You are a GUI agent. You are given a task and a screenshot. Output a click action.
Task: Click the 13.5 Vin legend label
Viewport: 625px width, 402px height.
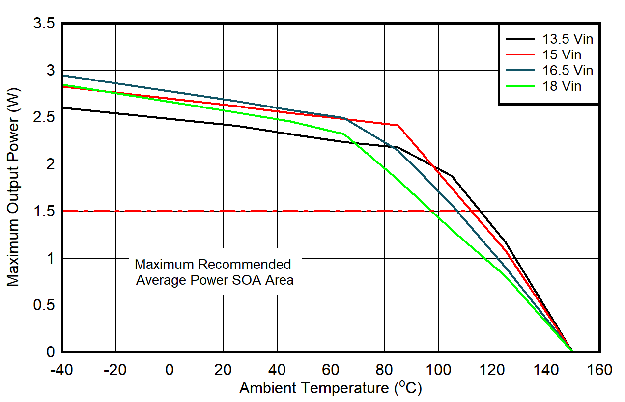[x=568, y=39]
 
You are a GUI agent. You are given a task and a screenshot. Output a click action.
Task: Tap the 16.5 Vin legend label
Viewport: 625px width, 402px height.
[x=568, y=71]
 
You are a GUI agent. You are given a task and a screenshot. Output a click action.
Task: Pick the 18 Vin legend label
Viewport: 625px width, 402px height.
[x=562, y=86]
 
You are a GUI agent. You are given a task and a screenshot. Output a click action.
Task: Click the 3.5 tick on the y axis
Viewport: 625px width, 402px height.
[x=44, y=24]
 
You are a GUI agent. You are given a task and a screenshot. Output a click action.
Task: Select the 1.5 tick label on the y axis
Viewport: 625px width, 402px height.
[x=44, y=212]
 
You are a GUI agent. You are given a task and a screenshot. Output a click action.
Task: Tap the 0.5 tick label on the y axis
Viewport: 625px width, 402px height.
[x=44, y=305]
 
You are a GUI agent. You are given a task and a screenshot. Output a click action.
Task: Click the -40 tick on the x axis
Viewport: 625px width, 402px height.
[x=62, y=369]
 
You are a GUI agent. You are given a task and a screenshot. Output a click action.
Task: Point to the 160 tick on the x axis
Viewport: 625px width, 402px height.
[x=598, y=369]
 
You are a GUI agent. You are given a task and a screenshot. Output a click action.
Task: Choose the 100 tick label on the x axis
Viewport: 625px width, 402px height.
[x=438, y=369]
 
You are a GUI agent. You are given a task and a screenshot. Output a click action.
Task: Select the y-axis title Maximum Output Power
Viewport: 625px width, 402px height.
[x=13, y=188]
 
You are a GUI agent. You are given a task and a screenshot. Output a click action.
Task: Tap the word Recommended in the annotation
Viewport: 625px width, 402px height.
[x=244, y=265]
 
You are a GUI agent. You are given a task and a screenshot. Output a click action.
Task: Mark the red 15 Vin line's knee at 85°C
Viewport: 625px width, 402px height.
[x=398, y=125]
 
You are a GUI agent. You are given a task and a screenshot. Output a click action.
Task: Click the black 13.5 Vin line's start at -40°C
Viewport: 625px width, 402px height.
[x=62, y=107]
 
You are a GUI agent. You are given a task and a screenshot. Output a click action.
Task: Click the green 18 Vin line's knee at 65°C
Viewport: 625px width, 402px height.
[x=344, y=134]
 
